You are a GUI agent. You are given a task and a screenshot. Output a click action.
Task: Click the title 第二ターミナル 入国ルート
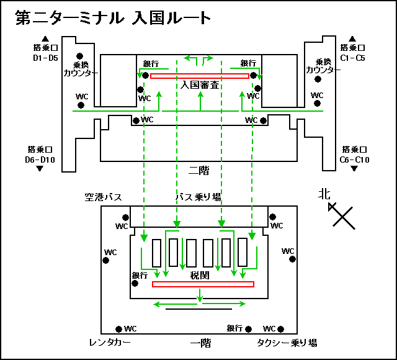[x=113, y=18]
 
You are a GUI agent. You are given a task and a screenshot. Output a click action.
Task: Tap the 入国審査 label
[x=200, y=85]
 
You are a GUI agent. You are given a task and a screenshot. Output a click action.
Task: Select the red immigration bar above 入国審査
[x=200, y=76]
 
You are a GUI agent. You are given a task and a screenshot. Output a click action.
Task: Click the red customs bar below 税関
[x=203, y=284]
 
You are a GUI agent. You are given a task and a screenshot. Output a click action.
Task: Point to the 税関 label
[x=200, y=275]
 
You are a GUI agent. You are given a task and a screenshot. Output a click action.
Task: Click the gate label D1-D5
[x=45, y=58]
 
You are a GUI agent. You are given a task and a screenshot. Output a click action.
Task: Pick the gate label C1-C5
[x=352, y=58]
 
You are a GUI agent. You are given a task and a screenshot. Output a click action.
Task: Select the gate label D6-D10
[x=40, y=160]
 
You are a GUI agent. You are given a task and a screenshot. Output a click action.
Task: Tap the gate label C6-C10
[x=354, y=160]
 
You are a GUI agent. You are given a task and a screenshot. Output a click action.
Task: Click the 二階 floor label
[x=198, y=171]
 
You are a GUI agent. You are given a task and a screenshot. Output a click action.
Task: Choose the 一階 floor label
[x=200, y=343]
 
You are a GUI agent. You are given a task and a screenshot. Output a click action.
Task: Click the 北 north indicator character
[x=324, y=194]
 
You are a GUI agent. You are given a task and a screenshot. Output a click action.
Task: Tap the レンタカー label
[x=110, y=343]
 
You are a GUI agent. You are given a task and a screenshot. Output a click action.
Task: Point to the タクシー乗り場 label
[x=287, y=343]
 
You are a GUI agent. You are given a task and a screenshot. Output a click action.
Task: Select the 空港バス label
[x=104, y=197]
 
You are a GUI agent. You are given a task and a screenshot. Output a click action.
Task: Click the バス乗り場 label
[x=198, y=197]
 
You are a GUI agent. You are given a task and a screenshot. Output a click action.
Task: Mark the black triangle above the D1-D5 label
[x=45, y=38]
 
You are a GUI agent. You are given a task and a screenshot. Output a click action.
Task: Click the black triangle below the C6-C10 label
[x=354, y=168]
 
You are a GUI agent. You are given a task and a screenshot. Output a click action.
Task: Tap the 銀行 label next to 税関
[x=140, y=276]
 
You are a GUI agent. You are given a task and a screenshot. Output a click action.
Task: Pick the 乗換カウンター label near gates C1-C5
[x=323, y=66]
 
